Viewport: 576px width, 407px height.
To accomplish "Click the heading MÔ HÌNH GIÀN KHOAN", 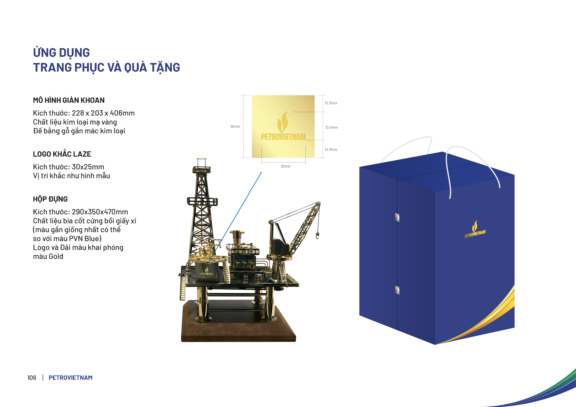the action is (x=69, y=100).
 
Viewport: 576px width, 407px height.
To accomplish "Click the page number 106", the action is (x=32, y=378).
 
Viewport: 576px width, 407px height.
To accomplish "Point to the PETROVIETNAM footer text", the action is (x=70, y=378).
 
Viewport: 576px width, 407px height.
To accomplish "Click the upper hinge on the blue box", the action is (x=397, y=217).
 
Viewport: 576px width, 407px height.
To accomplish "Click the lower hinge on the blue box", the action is (x=397, y=290).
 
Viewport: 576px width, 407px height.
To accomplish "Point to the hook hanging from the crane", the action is (x=317, y=236).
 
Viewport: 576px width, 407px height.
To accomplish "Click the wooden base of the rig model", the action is (x=238, y=326).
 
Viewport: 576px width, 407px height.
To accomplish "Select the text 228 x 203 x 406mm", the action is (x=103, y=113).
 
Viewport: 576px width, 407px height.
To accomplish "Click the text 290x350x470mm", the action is (x=100, y=212).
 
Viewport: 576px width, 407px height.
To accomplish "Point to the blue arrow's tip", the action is (x=262, y=172).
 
